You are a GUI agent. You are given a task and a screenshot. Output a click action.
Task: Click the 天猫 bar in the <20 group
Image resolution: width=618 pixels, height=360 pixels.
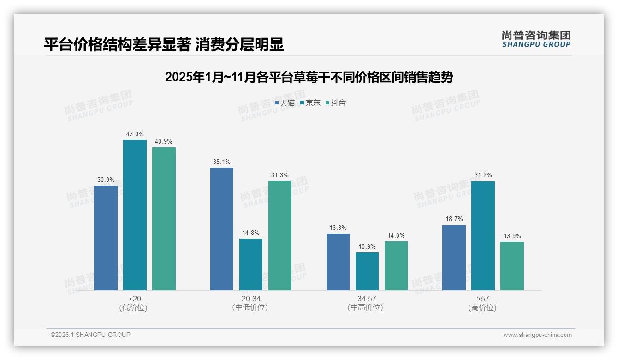[106, 238]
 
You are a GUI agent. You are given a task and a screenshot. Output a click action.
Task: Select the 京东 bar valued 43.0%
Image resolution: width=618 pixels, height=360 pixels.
[135, 215]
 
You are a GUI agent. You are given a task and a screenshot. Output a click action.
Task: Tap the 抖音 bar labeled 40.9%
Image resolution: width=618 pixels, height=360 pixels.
[164, 219]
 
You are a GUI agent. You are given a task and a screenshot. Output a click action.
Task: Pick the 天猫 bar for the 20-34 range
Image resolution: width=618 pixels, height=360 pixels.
[222, 229]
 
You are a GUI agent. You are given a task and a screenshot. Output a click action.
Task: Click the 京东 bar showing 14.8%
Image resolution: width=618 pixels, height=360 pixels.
[251, 264]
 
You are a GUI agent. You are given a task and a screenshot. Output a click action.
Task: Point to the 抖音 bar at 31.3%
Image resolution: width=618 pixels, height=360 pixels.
[280, 235]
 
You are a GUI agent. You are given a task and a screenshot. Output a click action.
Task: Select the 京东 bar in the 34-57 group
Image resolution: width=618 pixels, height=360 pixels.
[367, 271]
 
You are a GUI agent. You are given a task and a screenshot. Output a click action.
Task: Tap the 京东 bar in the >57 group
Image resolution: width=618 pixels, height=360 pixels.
[483, 236]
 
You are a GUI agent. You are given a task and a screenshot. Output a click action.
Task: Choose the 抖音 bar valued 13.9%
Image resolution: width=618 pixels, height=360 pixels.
[512, 266]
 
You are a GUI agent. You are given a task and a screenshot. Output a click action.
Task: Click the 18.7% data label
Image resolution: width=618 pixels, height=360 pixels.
[454, 219]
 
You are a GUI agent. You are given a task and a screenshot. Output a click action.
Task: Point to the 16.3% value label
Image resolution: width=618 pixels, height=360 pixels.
[338, 228]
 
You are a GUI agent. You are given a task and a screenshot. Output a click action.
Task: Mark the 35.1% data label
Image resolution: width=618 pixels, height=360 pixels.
[222, 162]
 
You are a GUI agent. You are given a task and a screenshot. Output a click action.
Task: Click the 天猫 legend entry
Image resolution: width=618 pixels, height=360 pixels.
[285, 103]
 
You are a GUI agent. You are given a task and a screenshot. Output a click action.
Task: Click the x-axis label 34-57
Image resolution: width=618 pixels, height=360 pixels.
[367, 299]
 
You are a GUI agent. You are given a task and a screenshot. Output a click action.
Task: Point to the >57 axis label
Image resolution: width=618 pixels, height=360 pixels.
[483, 299]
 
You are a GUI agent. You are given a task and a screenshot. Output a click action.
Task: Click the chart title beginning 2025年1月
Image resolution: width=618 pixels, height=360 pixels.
[309, 77]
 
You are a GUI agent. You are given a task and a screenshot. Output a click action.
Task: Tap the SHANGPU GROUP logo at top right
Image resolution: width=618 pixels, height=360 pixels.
[536, 39]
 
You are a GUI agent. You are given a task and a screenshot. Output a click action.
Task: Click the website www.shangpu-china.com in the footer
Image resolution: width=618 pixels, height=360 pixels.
[537, 335]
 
